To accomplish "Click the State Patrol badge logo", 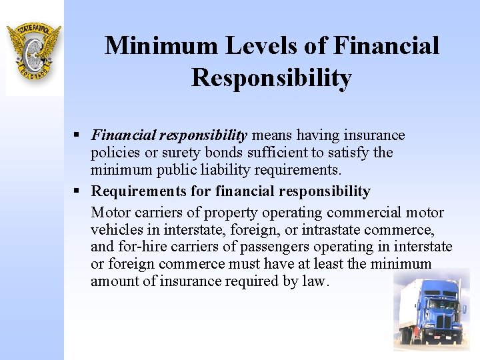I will tap(33, 50).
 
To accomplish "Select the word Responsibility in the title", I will tap(271, 78).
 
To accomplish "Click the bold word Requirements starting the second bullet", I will tap(140, 191).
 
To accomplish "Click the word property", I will tap(233, 213).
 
